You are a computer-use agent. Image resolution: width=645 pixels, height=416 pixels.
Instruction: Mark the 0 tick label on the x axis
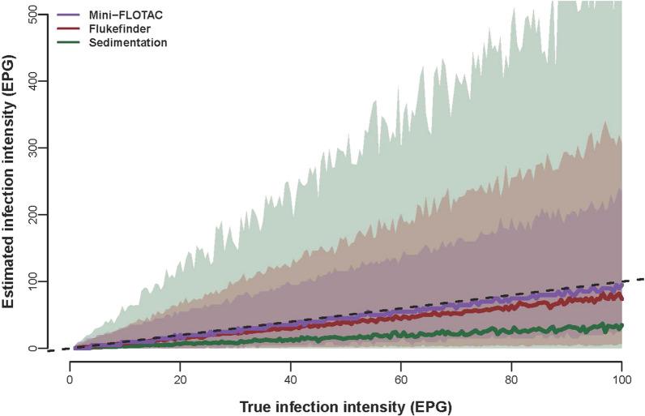pyautogui.click(x=70, y=379)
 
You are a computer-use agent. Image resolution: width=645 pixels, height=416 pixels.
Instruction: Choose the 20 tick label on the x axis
pyautogui.click(x=181, y=379)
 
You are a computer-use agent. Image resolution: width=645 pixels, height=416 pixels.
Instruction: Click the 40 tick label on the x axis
pyautogui.click(x=291, y=379)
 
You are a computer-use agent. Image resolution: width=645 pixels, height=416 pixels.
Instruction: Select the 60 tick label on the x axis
pyautogui.click(x=401, y=379)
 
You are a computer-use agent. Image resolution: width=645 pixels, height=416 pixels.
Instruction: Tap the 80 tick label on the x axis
pyautogui.click(x=511, y=379)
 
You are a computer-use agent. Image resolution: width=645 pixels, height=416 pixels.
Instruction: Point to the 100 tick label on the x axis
pyautogui.click(x=622, y=379)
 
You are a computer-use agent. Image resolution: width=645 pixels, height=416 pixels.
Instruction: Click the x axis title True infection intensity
pyautogui.click(x=346, y=404)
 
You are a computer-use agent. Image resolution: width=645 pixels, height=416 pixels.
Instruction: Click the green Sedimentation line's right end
pyautogui.click(x=622, y=325)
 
